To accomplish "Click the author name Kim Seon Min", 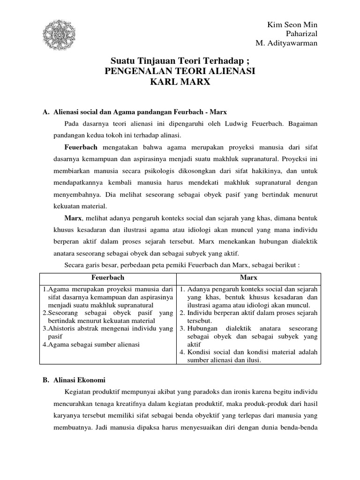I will (292, 24).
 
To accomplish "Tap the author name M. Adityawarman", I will (286, 43).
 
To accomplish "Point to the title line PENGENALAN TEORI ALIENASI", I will (180, 72).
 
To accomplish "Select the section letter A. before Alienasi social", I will (46, 112).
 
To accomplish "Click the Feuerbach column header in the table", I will (107, 277).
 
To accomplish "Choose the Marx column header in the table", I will (248, 277).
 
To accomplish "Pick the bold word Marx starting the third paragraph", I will (73, 218).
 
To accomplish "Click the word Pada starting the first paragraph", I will (72, 124).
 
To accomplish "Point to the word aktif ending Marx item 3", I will (194, 344).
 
